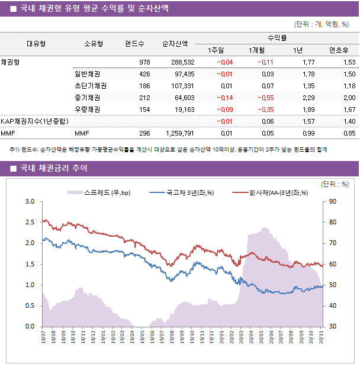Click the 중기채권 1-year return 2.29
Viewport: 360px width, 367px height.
point(308,98)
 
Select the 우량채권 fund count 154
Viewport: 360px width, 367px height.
point(144,110)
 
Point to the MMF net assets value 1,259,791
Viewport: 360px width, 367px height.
point(177,133)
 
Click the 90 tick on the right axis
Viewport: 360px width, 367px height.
point(333,201)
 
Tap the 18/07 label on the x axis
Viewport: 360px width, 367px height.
point(44,337)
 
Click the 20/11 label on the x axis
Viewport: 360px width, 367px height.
point(320,337)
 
